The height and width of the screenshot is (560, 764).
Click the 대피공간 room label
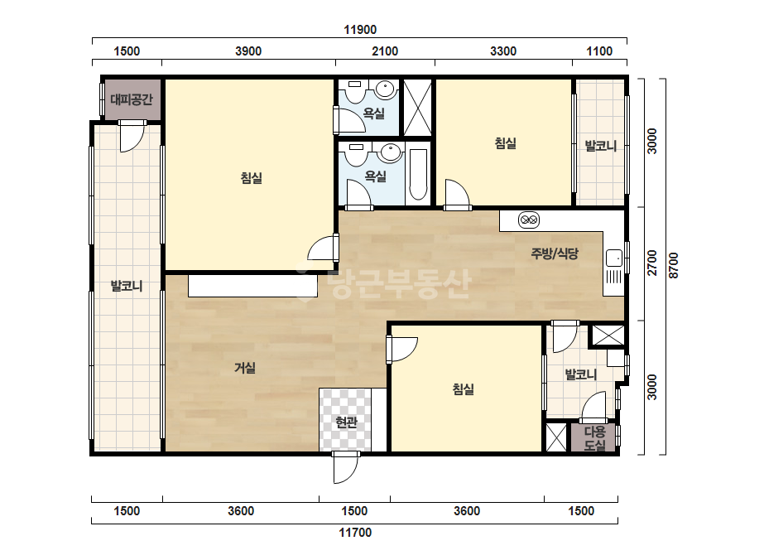(x=132, y=99)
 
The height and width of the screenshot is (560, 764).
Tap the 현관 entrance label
(x=347, y=422)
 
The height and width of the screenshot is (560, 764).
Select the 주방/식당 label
(x=555, y=253)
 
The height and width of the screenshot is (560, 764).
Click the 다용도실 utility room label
(x=594, y=438)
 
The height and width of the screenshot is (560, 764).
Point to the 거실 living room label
(x=245, y=367)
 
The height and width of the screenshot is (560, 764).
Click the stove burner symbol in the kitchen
(x=529, y=220)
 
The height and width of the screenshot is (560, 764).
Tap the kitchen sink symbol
(x=614, y=258)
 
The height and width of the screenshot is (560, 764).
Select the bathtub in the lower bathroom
(x=418, y=175)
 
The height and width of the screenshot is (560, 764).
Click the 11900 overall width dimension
(x=360, y=30)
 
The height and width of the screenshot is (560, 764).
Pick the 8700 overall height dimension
(x=674, y=265)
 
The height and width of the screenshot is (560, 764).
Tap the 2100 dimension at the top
(x=385, y=51)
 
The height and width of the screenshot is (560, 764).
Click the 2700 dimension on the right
(x=652, y=263)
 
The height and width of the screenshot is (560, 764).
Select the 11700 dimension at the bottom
(x=355, y=532)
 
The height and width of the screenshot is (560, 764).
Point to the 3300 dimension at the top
(x=503, y=51)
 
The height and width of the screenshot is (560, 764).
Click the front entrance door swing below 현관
(x=346, y=467)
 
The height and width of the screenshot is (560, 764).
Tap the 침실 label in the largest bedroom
(x=252, y=177)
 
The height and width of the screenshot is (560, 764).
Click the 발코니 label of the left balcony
(x=127, y=285)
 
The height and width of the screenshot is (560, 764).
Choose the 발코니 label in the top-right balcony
(x=601, y=145)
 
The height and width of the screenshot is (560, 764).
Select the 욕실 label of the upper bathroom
(x=374, y=113)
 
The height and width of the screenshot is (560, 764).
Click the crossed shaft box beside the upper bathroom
(x=418, y=108)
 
